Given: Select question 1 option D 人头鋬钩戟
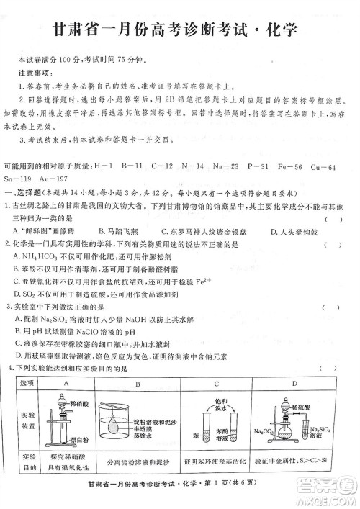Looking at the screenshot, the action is click(x=283, y=231).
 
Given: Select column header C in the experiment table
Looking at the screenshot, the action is click(x=217, y=384).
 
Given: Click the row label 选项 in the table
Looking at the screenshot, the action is click(x=29, y=384).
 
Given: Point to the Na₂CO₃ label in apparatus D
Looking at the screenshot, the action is click(x=264, y=431).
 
